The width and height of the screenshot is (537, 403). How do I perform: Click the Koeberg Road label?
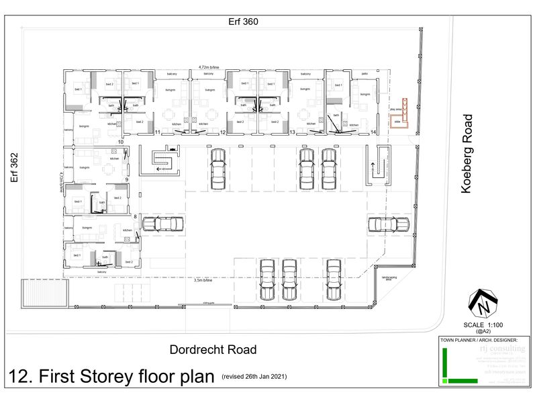click(x=468, y=154)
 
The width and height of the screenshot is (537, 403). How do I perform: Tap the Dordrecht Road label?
click(x=213, y=349)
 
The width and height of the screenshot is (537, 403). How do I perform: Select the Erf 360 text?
click(x=242, y=21)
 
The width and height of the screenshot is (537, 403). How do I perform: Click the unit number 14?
click(x=373, y=133)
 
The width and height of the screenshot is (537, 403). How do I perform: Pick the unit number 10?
click(x=121, y=142)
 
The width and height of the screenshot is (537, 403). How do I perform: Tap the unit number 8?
click(x=135, y=216)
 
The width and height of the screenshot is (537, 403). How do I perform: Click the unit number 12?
click(x=222, y=133)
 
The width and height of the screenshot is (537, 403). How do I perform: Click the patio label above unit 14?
click(x=364, y=73)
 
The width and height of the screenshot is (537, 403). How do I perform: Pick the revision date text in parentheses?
click(x=254, y=377)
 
